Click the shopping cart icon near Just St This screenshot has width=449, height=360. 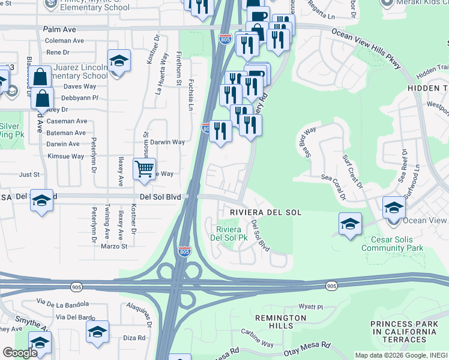144,170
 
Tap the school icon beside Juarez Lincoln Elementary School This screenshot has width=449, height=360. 119,61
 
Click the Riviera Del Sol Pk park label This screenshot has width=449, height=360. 228,233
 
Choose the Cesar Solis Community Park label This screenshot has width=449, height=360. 393,243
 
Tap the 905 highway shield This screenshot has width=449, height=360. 331,287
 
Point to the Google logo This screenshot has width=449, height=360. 19,353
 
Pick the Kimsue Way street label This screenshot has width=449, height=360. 65,156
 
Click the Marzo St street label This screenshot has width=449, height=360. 114,246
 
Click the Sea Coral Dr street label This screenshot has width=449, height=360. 334,187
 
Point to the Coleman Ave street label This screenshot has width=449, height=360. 64,41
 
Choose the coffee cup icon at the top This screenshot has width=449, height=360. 258,16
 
